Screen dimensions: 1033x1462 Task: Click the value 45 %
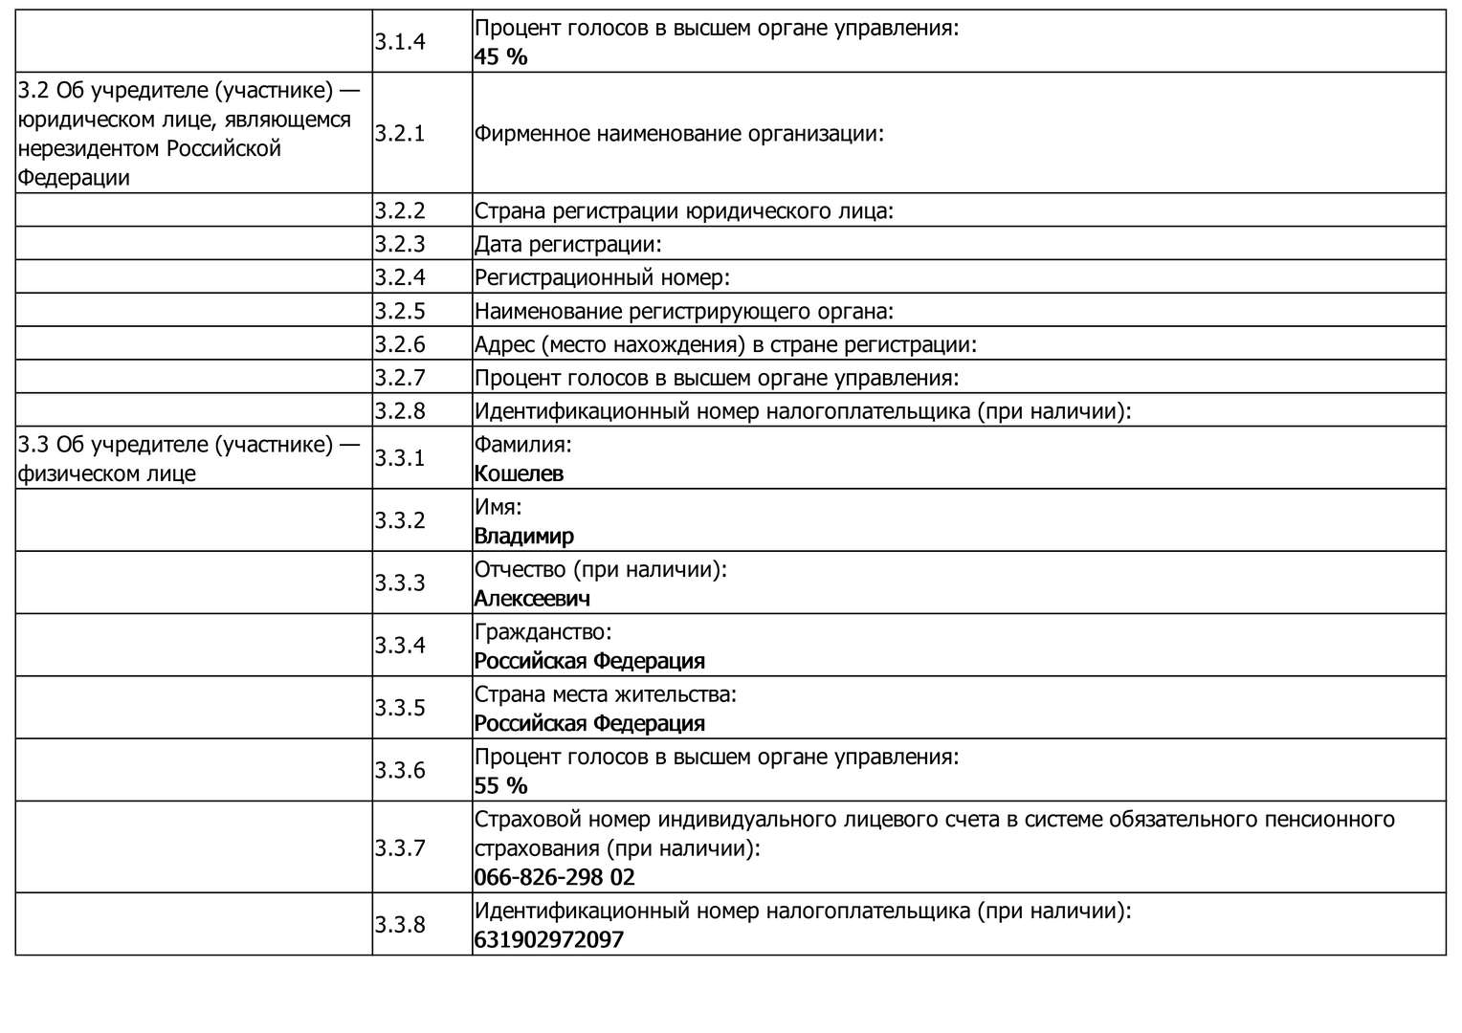point(500,56)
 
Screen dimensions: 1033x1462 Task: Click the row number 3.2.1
point(399,133)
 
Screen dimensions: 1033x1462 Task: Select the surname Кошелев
point(519,473)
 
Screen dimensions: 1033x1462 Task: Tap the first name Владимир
point(524,536)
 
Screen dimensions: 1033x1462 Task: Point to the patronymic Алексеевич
point(532,599)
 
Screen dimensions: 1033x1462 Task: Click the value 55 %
point(500,786)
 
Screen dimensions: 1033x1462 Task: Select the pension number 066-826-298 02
point(554,877)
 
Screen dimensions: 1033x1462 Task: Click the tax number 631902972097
point(548,939)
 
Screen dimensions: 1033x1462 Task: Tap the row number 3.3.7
point(399,847)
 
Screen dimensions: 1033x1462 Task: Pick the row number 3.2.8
point(399,410)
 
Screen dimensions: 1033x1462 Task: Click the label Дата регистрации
point(567,244)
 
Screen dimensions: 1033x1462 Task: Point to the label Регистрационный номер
point(602,277)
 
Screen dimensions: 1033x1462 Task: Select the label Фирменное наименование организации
point(678,133)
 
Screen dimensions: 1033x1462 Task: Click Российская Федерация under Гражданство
point(589,661)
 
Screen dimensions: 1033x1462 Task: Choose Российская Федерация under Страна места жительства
point(589,723)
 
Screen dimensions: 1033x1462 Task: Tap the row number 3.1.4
point(399,41)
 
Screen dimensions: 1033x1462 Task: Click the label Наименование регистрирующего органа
point(683,311)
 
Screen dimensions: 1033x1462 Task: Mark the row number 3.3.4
point(399,645)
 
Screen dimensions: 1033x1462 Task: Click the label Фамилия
point(522,444)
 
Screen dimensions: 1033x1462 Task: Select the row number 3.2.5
point(399,311)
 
